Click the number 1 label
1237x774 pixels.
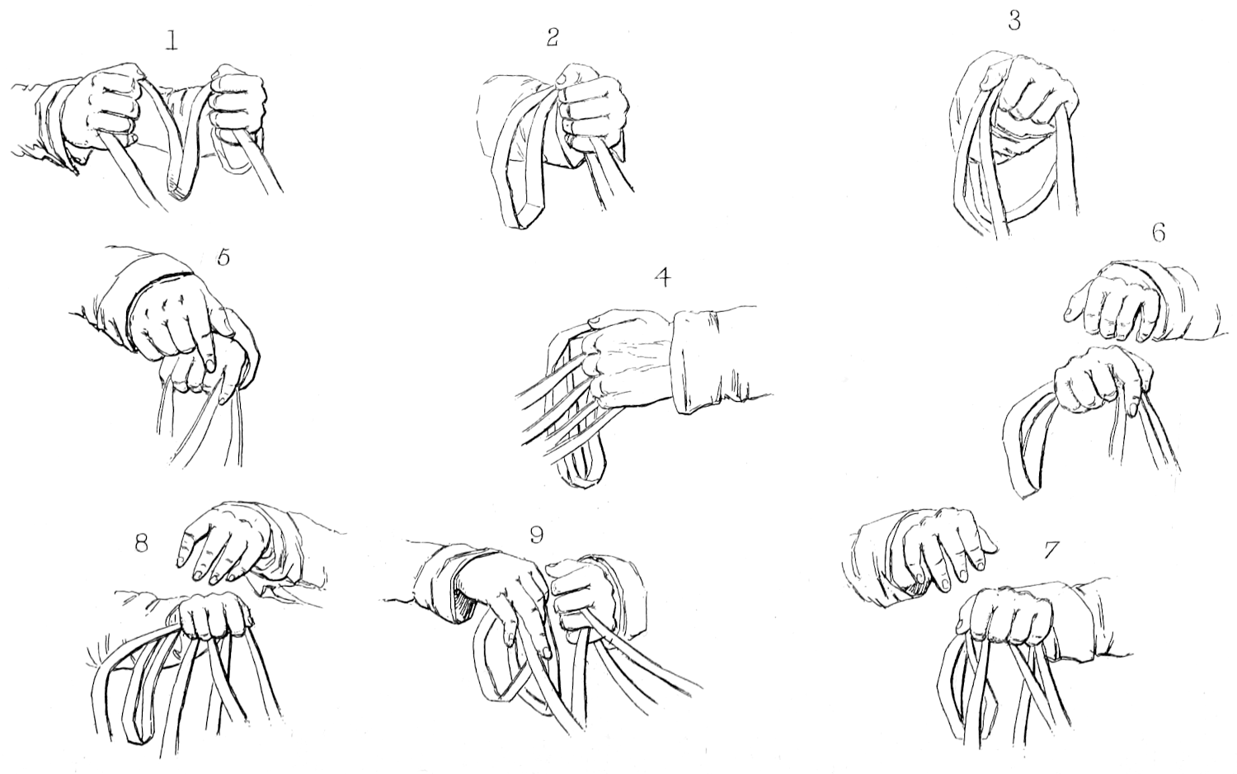[x=172, y=42]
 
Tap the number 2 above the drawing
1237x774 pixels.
[x=553, y=36]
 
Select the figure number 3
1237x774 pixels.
[x=1014, y=20]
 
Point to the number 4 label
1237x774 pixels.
[x=663, y=278]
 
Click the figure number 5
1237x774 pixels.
[x=223, y=257]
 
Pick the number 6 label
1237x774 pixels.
[x=1158, y=234]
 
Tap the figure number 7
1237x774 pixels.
[x=1051, y=550]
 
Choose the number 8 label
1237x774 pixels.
[x=141, y=544]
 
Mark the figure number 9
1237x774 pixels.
[x=536, y=534]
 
